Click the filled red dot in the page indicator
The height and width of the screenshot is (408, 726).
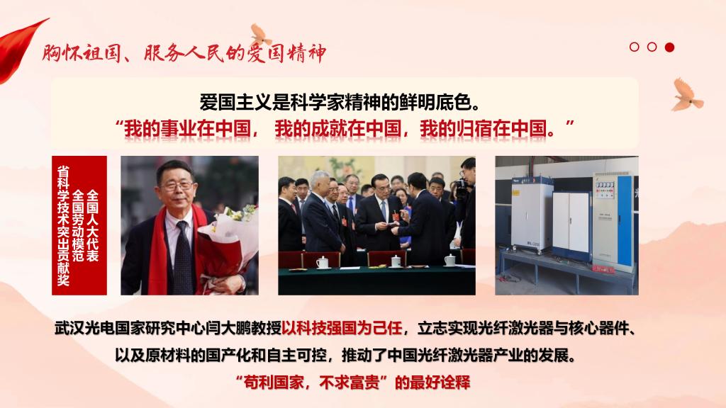[669, 47]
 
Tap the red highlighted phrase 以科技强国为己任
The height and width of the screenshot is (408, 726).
[342, 329]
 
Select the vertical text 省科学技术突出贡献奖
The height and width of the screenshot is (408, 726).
[63, 226]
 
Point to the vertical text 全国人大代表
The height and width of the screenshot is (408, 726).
[93, 226]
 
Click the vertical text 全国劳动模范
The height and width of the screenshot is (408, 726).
[78, 226]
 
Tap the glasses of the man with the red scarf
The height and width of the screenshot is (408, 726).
[177, 186]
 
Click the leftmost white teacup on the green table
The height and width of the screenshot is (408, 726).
[323, 262]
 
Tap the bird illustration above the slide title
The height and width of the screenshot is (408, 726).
[261, 35]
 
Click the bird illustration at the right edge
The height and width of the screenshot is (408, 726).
[687, 96]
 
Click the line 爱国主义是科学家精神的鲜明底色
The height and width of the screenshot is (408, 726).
[340, 102]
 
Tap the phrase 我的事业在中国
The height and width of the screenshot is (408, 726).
[186, 129]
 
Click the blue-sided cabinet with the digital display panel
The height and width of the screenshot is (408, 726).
[613, 221]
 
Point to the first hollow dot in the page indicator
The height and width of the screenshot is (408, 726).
[635, 47]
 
